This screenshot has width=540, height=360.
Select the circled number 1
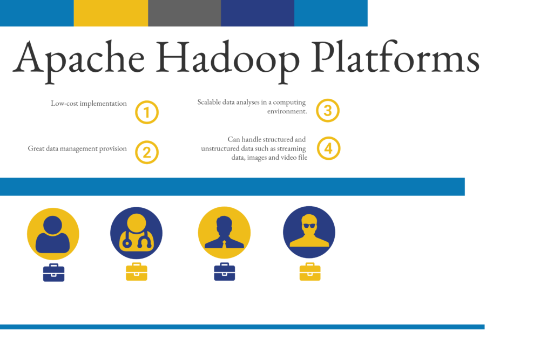tap(147, 112)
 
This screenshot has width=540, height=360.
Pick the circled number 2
tap(147, 152)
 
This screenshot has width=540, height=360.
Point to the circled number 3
tap(328, 111)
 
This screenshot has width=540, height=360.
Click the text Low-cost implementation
tap(89, 103)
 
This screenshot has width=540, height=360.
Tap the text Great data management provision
tap(77, 148)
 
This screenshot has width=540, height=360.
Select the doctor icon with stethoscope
tap(136, 233)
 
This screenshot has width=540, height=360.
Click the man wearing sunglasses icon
tap(309, 232)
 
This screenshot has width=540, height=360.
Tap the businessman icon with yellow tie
tap(224, 233)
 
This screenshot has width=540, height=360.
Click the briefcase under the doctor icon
tap(136, 272)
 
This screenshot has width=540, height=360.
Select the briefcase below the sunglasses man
tap(310, 272)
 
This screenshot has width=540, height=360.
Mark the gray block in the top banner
tap(184, 13)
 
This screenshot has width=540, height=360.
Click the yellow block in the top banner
tap(111, 13)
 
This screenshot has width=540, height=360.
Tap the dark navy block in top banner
tap(258, 13)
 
